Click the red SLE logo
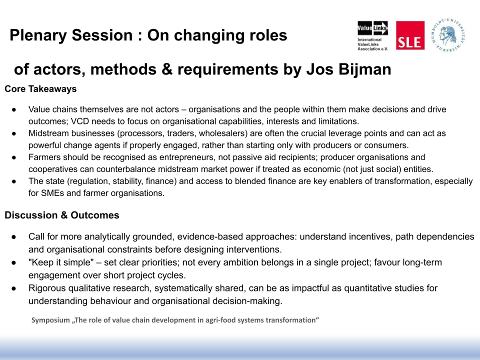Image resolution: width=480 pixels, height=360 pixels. (x=410, y=35)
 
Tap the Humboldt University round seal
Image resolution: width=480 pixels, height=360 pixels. (x=448, y=35)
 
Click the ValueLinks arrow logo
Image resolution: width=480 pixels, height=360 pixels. (x=372, y=28)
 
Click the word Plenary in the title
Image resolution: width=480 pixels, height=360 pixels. (x=38, y=35)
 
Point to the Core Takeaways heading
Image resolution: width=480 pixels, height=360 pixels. (x=40, y=89)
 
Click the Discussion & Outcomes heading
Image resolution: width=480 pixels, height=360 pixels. (x=62, y=215)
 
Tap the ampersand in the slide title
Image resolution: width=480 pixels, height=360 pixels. (x=167, y=69)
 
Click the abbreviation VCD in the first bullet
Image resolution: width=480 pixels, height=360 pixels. (x=79, y=121)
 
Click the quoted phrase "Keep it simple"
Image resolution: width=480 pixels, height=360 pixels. (x=61, y=262)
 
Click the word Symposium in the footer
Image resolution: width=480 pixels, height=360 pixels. (x=50, y=320)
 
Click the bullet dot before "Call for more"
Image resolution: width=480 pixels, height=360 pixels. (x=14, y=237)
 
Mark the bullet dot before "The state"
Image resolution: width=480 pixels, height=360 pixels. (x=14, y=181)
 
